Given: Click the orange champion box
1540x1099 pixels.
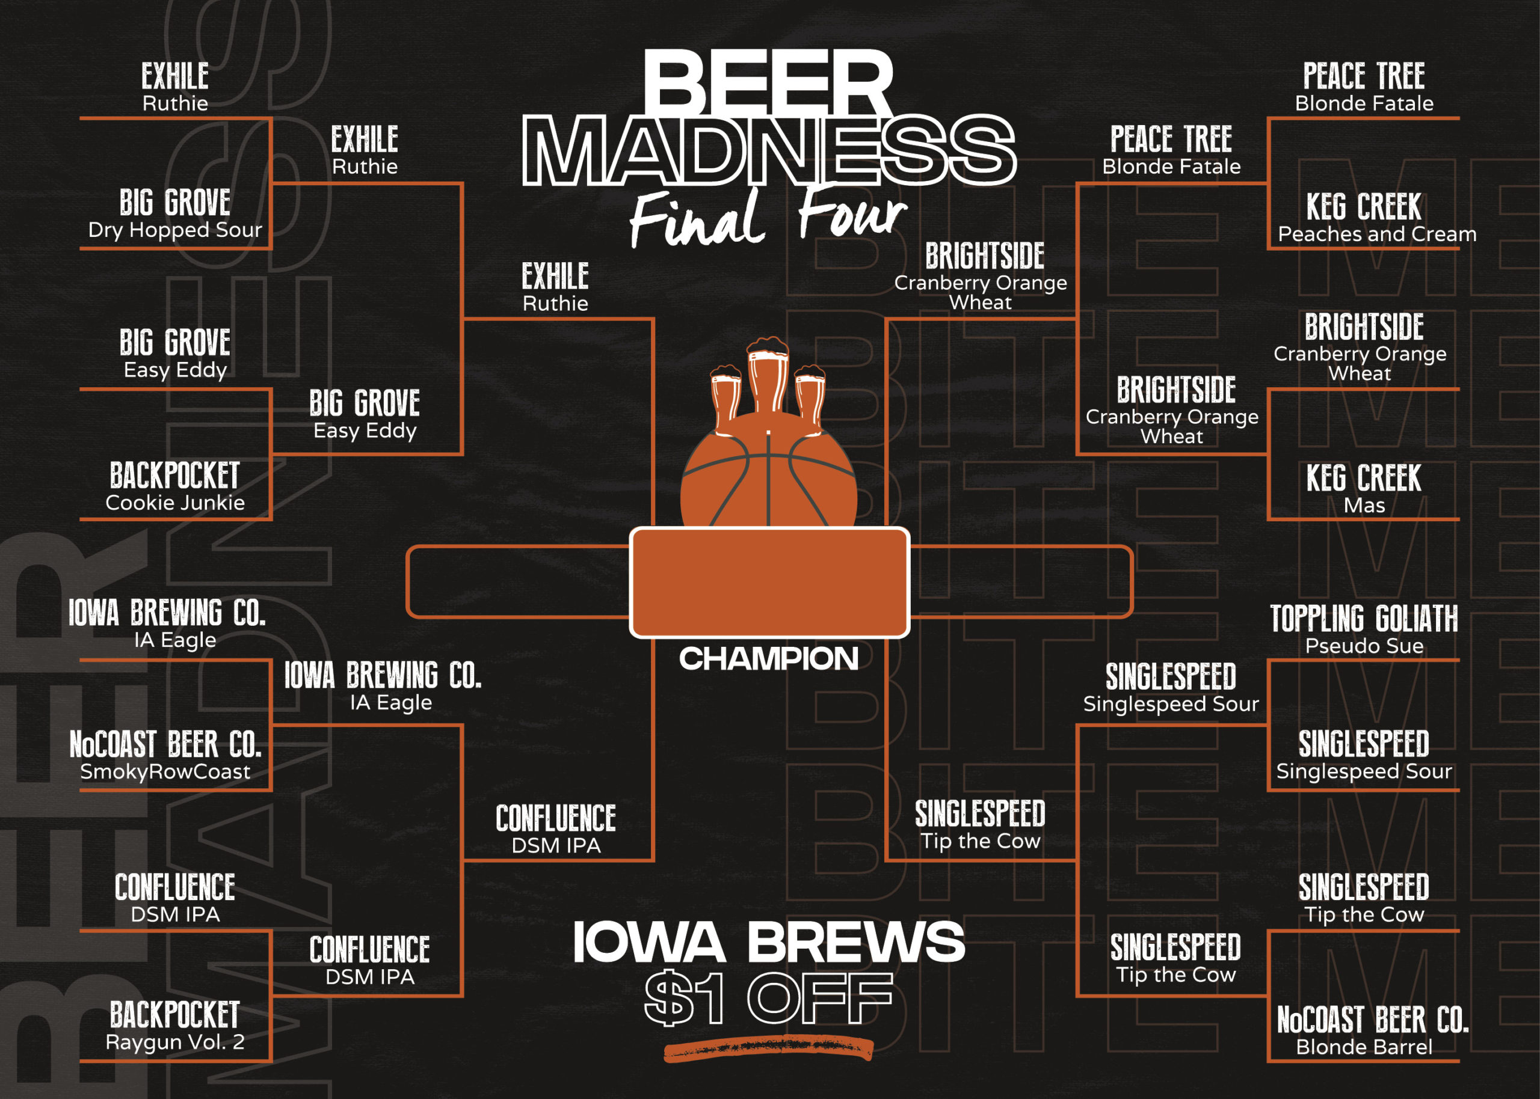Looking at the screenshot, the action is (769, 582).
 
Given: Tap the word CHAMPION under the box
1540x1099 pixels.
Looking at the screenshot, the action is (769, 658).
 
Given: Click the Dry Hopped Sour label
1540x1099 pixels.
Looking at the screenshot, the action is (174, 230).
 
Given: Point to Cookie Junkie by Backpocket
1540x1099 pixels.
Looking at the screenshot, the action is (174, 503).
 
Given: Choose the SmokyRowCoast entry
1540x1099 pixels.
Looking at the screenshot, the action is (165, 771).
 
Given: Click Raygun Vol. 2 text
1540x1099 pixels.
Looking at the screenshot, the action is (174, 1042).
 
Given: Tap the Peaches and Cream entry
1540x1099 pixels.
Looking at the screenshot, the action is (1377, 234).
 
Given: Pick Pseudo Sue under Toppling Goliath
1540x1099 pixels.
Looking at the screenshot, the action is (1364, 646).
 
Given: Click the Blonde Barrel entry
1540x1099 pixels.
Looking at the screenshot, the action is (1364, 1047).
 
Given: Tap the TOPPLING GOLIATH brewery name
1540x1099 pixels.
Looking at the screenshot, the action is (1364, 619).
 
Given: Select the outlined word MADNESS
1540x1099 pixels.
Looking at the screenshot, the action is (769, 150).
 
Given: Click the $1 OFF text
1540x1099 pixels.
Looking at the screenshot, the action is (769, 998).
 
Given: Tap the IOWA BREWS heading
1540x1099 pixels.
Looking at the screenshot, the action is (769, 941).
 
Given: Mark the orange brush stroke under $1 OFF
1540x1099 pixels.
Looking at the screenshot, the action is (768, 1049).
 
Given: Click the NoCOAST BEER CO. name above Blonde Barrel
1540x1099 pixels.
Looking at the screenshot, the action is (1373, 1020).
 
